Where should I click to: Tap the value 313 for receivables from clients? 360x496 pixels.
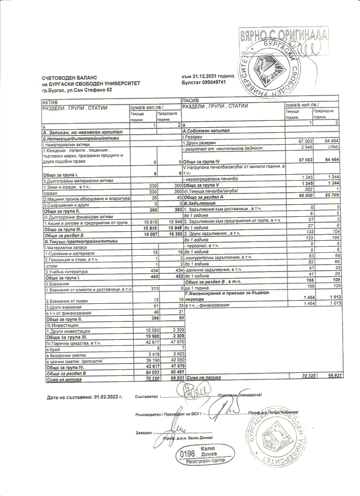point(152,289)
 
